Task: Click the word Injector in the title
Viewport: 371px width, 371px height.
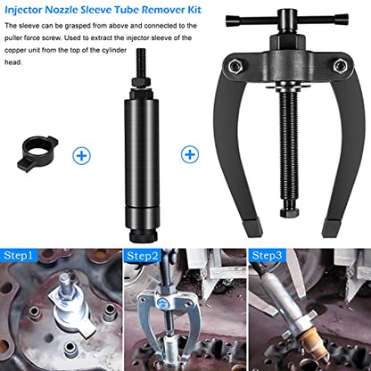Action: click(x=23, y=10)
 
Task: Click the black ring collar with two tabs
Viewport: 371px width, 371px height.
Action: click(x=37, y=153)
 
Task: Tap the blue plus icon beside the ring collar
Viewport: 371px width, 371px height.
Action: click(x=81, y=155)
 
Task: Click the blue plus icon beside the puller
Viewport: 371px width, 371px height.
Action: click(x=190, y=154)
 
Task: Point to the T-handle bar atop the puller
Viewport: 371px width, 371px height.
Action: click(x=287, y=20)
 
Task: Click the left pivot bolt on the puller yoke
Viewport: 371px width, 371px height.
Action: click(x=235, y=66)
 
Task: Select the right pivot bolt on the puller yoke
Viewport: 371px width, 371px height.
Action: click(x=339, y=65)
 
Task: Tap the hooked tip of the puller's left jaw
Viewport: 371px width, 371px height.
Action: click(x=252, y=228)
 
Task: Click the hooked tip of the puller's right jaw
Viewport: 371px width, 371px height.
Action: click(x=331, y=228)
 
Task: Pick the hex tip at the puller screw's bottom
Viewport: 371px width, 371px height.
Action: click(x=289, y=212)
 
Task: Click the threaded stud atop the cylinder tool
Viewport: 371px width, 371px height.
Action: click(x=141, y=63)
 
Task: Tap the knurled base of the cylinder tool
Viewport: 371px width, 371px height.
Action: click(x=143, y=236)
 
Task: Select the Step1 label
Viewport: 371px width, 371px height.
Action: click(x=18, y=255)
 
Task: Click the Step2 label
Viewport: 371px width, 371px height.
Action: click(x=143, y=256)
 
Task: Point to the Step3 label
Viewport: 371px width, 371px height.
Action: click(x=267, y=255)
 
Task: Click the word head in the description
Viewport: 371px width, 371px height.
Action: click(x=13, y=62)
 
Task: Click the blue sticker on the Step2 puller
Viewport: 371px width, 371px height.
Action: click(x=163, y=302)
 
